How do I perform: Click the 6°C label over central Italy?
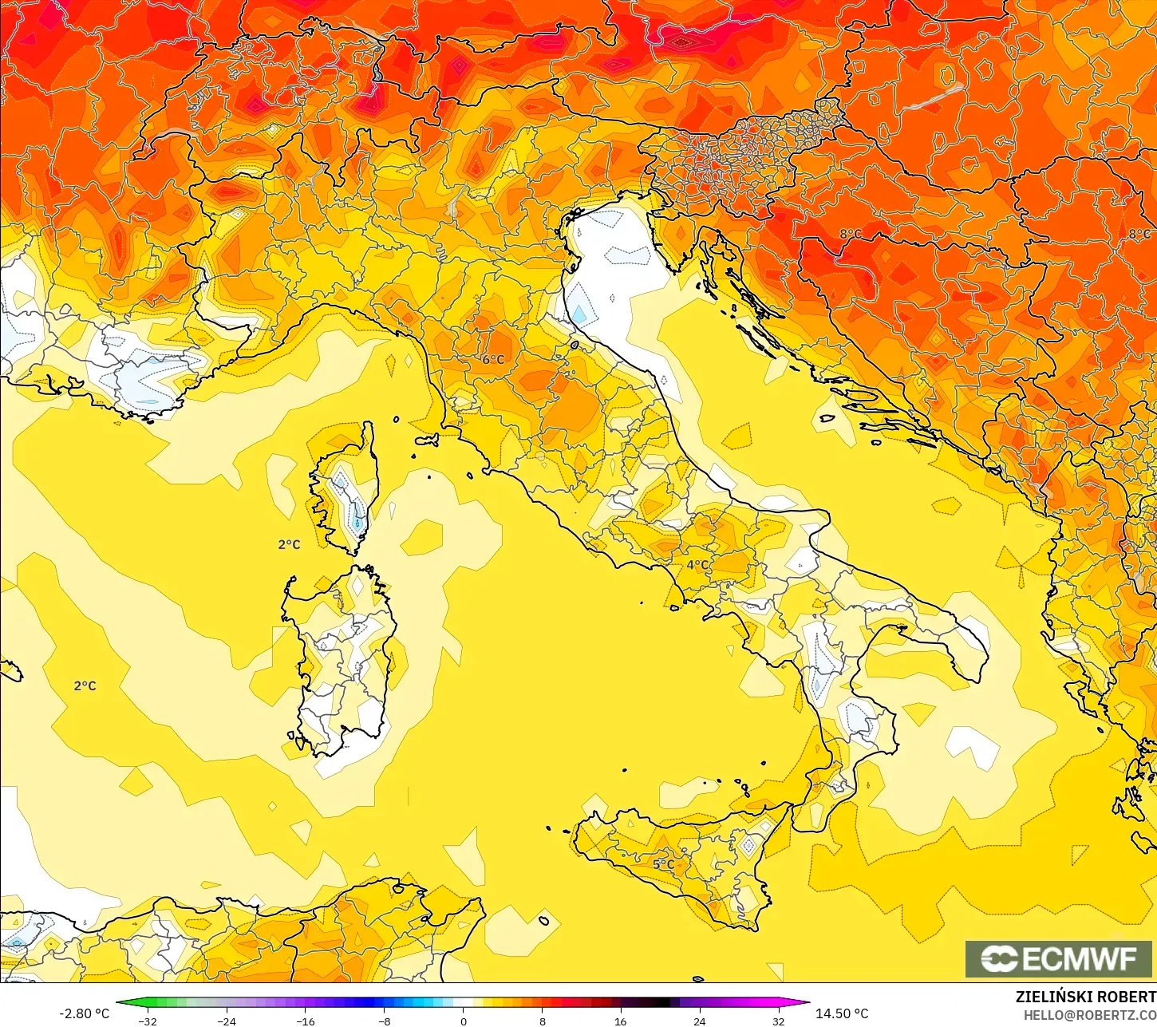(x=493, y=360)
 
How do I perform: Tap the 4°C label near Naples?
(x=697, y=565)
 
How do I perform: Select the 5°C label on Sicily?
(x=663, y=864)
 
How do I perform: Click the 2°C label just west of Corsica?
(x=289, y=545)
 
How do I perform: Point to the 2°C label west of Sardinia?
(x=85, y=686)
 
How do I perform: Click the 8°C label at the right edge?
(x=1139, y=234)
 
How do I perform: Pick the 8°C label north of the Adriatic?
(x=850, y=234)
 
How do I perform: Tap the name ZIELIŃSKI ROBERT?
(x=1085, y=997)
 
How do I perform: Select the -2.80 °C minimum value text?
(x=84, y=1013)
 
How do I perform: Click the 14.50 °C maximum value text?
(x=842, y=1013)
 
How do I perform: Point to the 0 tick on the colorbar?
(x=463, y=1021)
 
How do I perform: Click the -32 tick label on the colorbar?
(x=148, y=1021)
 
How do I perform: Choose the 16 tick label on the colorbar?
(x=620, y=1021)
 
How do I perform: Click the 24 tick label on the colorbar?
(x=699, y=1021)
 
